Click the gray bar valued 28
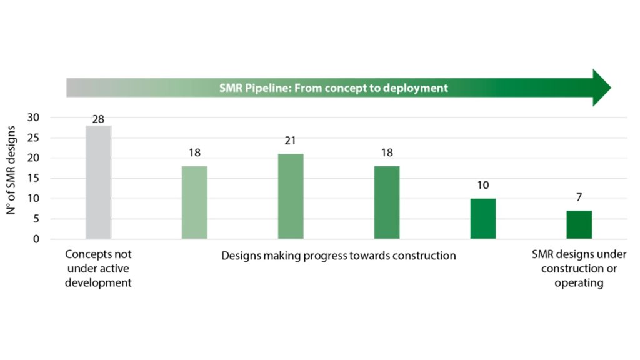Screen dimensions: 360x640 click(x=98, y=182)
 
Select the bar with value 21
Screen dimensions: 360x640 click(x=291, y=196)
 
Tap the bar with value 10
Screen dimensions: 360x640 click(x=483, y=219)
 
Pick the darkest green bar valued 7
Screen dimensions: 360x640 click(x=579, y=224)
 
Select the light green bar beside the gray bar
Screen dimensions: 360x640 click(x=194, y=202)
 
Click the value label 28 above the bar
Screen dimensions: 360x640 click(x=98, y=118)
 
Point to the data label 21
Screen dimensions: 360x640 click(x=291, y=141)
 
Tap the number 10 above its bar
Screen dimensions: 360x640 click(x=482, y=186)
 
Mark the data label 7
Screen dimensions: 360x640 click(x=579, y=198)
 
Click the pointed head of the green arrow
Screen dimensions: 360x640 click(x=601, y=87)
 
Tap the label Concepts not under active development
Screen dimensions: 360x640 click(x=99, y=269)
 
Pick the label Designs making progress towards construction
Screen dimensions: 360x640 click(x=339, y=256)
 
